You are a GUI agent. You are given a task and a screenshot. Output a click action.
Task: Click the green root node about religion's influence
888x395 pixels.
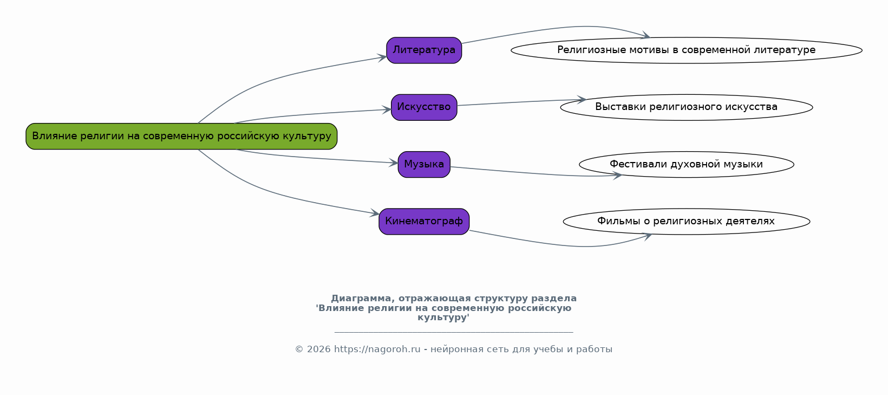181,136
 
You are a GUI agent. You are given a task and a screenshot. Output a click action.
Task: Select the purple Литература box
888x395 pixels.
424,50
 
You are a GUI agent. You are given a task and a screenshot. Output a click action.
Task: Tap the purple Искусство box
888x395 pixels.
424,107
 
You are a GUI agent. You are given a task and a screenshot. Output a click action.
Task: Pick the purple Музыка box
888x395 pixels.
424,164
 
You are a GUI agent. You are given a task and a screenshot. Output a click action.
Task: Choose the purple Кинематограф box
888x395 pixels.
424,221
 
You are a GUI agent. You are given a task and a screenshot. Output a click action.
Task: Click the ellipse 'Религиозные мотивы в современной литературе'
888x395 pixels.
686,50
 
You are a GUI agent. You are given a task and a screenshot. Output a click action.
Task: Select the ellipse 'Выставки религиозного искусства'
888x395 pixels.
686,107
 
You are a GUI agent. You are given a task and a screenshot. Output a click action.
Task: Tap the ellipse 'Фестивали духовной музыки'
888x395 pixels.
686,164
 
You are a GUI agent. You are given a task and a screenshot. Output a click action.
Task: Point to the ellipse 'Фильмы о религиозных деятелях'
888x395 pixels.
686,221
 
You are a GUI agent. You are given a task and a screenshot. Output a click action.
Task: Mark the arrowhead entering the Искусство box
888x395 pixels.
387,109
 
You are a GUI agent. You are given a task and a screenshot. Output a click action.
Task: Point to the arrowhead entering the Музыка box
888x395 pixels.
394,163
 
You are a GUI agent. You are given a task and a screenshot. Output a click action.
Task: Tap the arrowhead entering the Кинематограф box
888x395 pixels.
375,214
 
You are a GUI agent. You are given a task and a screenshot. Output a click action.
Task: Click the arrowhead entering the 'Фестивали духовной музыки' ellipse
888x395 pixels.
617,175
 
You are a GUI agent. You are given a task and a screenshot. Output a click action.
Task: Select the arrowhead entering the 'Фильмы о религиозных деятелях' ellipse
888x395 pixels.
647,236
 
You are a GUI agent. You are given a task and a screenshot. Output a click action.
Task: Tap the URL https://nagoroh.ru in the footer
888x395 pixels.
377,349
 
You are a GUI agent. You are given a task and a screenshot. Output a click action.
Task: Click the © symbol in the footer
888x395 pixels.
299,349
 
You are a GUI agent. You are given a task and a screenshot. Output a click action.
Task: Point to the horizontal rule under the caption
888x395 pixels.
454,332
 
